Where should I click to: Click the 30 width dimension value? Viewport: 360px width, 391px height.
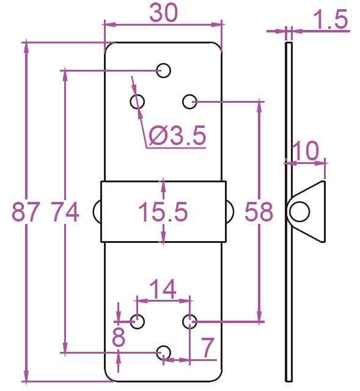click(163, 12)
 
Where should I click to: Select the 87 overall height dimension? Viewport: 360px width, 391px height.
click(26, 212)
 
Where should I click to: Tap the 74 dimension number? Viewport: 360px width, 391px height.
click(65, 212)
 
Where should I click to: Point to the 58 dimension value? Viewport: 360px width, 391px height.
click(259, 212)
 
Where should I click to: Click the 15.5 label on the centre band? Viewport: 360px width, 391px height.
click(163, 212)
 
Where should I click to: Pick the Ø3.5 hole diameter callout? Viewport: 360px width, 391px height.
click(177, 135)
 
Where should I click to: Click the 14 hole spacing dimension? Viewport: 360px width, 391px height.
click(163, 289)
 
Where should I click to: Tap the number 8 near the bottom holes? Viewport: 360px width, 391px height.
click(119, 337)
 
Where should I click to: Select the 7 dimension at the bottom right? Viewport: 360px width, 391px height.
click(208, 347)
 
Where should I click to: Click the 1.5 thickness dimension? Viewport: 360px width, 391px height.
click(330, 20)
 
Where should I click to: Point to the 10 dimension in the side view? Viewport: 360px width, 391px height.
click(305, 151)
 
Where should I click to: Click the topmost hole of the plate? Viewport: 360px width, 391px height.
click(163, 70)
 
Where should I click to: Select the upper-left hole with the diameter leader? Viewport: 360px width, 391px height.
click(138, 102)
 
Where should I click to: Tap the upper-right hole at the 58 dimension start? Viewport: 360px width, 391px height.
click(190, 102)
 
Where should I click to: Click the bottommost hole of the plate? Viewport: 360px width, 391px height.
click(163, 353)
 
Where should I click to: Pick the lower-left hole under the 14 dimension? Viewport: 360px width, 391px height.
click(138, 322)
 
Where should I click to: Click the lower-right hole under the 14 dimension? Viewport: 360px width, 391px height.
click(190, 322)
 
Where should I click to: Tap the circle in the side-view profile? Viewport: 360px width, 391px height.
click(299, 212)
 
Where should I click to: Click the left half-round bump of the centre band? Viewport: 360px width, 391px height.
click(94, 212)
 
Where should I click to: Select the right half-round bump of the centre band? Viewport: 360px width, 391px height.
click(232, 212)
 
